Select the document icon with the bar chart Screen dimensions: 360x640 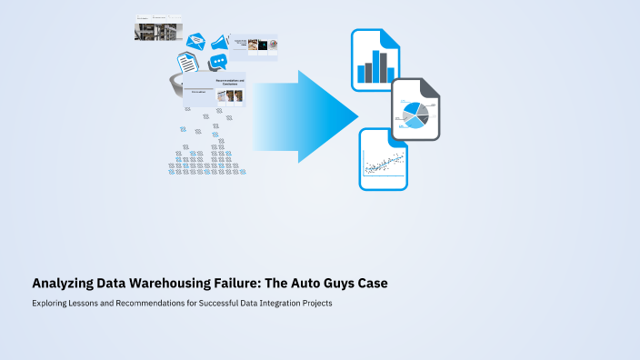pyautogui.click(x=375, y=59)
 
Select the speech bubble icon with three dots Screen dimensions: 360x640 pyautogui.click(x=218, y=63)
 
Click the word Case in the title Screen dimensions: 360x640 pyautogui.click(x=373, y=284)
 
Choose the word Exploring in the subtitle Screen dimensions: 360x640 pyautogui.click(x=50, y=303)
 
